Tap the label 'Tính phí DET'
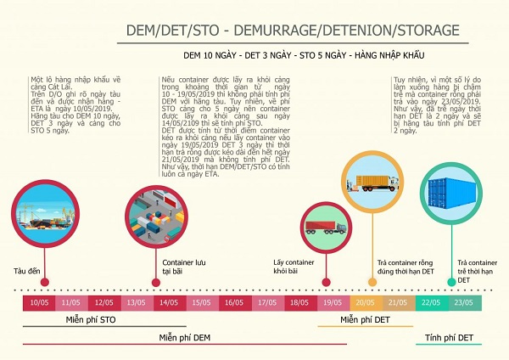pyautogui.click(x=449, y=337)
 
